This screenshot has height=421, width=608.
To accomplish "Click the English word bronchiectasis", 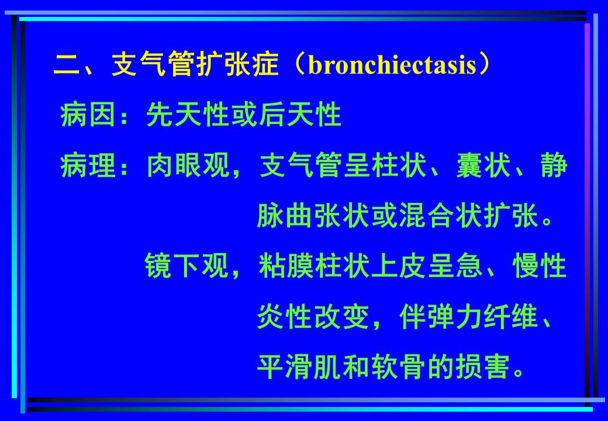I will point(392,66).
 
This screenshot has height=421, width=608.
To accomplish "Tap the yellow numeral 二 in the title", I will point(67,66).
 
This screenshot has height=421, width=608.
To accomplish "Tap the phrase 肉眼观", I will point(187,167).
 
